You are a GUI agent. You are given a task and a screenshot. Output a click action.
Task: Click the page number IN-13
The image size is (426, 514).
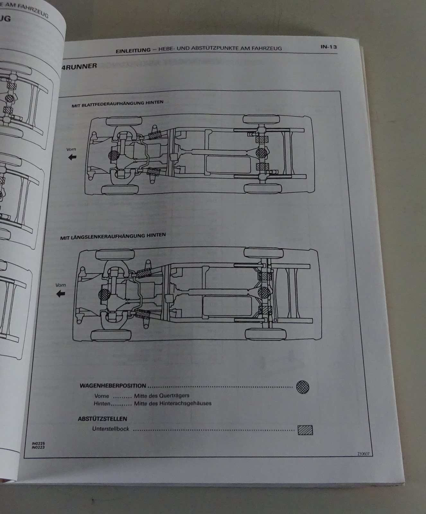click(328, 47)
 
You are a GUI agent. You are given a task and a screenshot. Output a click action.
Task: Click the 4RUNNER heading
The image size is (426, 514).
click(79, 66)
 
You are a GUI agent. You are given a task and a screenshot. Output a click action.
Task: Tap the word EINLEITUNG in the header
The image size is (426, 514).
click(133, 50)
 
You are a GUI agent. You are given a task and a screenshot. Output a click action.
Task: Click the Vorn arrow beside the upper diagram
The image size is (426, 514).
click(72, 157)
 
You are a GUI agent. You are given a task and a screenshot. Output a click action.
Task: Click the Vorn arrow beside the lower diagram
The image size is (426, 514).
click(60, 293)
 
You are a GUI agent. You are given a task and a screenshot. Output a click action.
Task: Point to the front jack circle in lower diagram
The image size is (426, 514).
click(104, 295)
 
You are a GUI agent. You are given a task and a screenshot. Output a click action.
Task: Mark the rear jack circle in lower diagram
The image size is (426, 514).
click(264, 292)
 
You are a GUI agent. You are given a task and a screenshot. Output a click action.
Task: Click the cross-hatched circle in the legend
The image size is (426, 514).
click(302, 386)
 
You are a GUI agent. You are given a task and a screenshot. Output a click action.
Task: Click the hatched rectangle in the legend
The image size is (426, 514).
click(305, 430)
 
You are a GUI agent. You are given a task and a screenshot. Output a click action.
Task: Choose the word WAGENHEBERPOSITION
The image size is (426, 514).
click(112, 386)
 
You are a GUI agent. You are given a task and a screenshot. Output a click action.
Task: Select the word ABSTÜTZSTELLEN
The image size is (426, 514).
click(102, 419)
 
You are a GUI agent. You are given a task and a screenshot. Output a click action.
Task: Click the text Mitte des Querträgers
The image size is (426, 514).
click(161, 396)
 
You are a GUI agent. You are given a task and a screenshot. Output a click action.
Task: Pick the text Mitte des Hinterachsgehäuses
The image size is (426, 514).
click(173, 403)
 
